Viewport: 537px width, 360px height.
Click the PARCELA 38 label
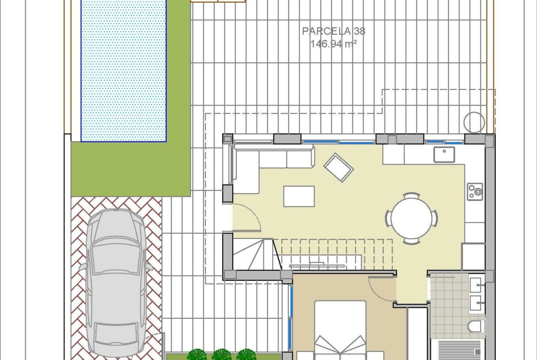(x=334, y=31)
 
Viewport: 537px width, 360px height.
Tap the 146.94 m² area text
(x=334, y=44)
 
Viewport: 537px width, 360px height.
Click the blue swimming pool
(x=123, y=70)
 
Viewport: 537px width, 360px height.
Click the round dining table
(x=412, y=218)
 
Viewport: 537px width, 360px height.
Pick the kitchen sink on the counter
(x=444, y=155)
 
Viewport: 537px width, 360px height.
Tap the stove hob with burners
(x=475, y=192)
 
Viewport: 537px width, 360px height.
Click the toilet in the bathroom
(x=476, y=327)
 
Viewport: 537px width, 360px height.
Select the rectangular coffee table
(x=299, y=196)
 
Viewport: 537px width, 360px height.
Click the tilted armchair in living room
(x=338, y=168)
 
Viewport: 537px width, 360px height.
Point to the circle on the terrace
(x=474, y=122)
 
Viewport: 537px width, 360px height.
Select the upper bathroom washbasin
(x=476, y=285)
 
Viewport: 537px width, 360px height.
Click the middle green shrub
(x=222, y=354)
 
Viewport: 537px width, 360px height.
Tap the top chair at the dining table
(x=411, y=195)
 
